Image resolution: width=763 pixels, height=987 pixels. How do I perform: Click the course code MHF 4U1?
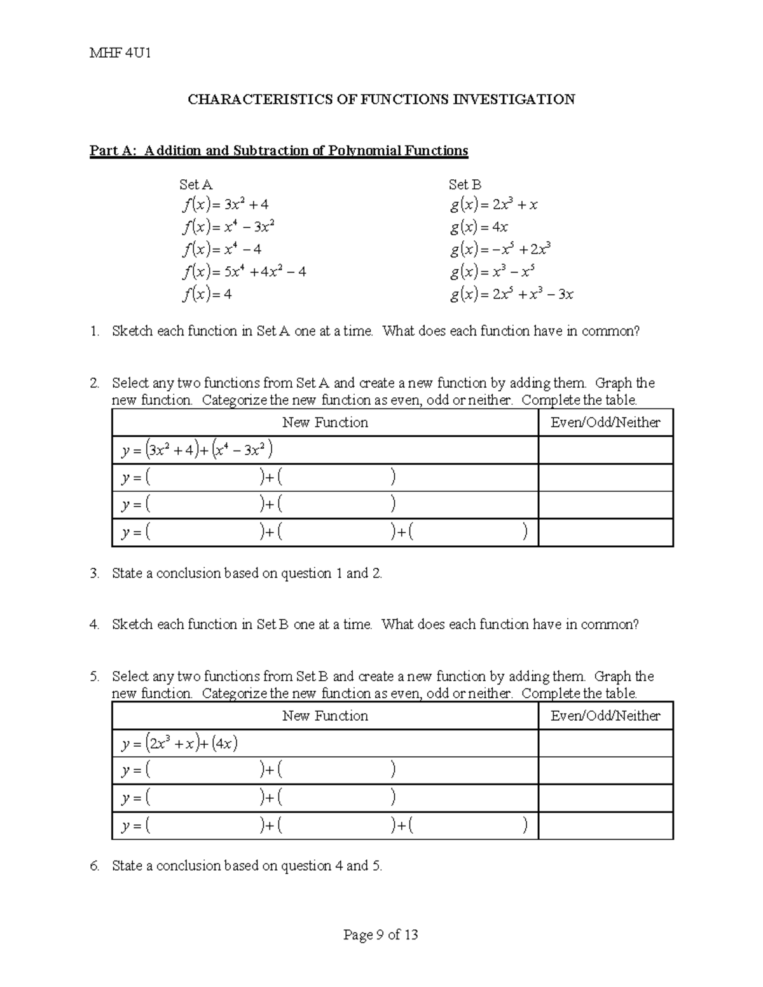click(120, 53)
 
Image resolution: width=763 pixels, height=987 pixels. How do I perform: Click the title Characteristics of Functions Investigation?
click(381, 99)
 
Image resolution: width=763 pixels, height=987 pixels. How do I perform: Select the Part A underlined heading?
click(278, 151)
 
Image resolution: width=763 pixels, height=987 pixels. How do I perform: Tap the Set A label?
click(195, 185)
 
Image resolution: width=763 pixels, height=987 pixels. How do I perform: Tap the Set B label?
click(464, 185)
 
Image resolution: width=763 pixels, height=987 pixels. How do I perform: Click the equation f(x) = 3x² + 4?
click(225, 205)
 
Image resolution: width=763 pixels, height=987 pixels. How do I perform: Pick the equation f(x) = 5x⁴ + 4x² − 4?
click(244, 272)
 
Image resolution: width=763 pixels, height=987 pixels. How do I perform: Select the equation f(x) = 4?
click(207, 294)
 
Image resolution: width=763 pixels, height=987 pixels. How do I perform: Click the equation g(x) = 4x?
click(479, 227)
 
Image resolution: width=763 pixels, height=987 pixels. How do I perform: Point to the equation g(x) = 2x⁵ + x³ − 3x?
click(511, 294)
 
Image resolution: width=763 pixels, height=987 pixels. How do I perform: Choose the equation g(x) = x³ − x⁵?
click(492, 272)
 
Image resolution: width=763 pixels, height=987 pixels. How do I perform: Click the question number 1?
click(94, 331)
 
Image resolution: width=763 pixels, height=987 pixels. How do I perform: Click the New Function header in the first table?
click(325, 423)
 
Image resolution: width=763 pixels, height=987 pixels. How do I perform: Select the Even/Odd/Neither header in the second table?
click(605, 716)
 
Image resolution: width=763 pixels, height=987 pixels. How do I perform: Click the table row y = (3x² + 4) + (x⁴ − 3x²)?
click(197, 450)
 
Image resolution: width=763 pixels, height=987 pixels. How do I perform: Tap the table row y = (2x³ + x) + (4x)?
click(180, 743)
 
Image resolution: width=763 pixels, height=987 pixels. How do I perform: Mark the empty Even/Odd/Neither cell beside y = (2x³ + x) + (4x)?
click(605, 743)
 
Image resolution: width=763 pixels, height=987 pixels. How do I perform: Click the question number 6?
click(94, 866)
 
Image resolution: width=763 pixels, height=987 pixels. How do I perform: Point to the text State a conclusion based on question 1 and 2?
click(247, 573)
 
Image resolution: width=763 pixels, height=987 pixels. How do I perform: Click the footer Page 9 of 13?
click(380, 934)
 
